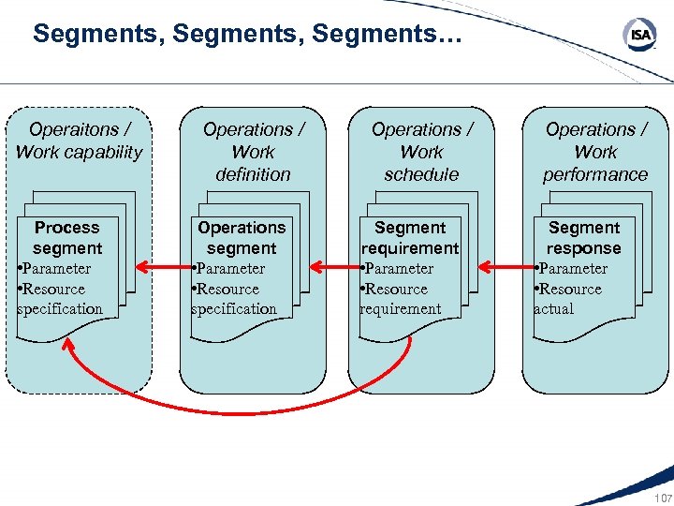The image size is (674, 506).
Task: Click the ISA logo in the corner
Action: coord(639,36)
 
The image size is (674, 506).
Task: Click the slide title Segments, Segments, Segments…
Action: coord(247,36)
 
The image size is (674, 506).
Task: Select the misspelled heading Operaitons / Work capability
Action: coord(79,141)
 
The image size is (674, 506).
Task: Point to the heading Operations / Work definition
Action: coord(253,152)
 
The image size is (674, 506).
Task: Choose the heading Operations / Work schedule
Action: coord(421,152)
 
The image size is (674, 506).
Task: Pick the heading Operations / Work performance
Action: coord(595,152)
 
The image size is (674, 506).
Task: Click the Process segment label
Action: coord(66,238)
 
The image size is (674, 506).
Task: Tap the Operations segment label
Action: coord(242,238)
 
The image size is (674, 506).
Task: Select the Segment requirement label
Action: coord(410,238)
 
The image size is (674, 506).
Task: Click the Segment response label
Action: coord(584,238)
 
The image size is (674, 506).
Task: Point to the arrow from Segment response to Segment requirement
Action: coord(502,268)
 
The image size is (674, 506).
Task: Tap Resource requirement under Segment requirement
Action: coord(401,299)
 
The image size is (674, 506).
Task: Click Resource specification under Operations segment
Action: coord(234,299)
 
